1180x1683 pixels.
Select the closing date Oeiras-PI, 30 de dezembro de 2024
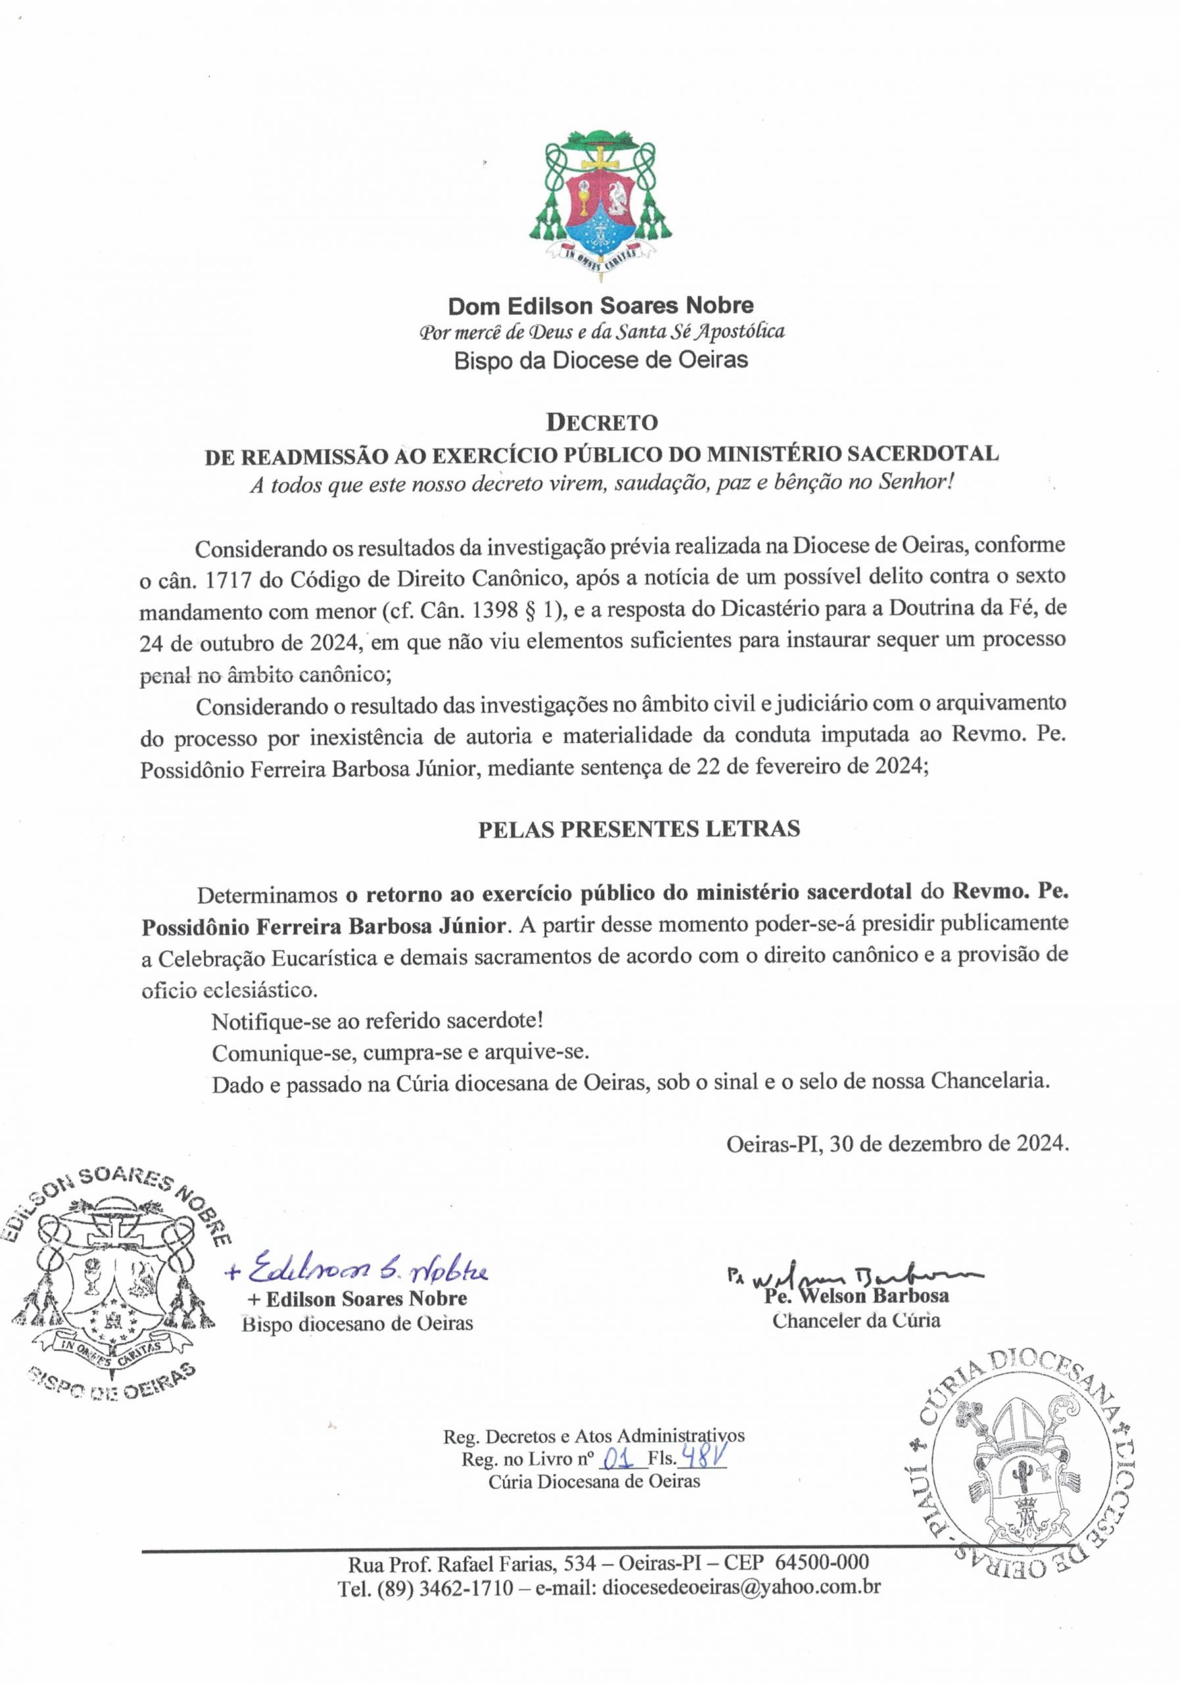(x=897, y=1143)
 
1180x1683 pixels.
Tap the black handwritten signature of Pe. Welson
(x=854, y=1275)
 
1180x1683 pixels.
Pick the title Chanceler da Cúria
(x=856, y=1321)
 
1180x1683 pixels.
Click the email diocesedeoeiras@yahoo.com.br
(x=741, y=1588)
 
